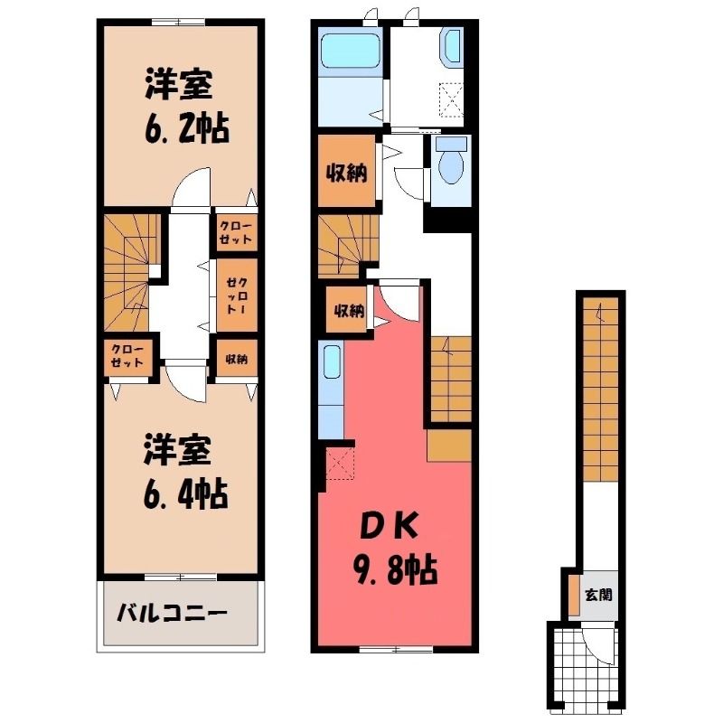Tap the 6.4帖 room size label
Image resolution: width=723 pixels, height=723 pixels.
click(x=186, y=494)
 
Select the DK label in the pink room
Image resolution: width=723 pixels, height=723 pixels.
click(x=389, y=527)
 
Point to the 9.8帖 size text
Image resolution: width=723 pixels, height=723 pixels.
click(x=395, y=570)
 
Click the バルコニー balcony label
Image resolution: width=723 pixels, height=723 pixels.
click(x=172, y=613)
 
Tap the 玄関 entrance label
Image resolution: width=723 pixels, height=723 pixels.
click(x=598, y=595)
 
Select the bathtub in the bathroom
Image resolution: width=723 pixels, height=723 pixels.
click(x=349, y=49)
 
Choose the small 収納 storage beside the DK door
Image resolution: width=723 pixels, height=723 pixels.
click(x=349, y=309)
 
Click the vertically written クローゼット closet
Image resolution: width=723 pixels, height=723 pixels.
click(x=237, y=296)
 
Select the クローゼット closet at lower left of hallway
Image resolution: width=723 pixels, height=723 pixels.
click(x=127, y=355)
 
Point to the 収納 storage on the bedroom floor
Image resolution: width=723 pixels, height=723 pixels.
click(x=236, y=358)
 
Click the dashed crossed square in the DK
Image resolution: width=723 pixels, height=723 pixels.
click(x=340, y=464)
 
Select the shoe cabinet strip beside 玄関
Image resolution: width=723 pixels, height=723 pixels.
click(x=573, y=595)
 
